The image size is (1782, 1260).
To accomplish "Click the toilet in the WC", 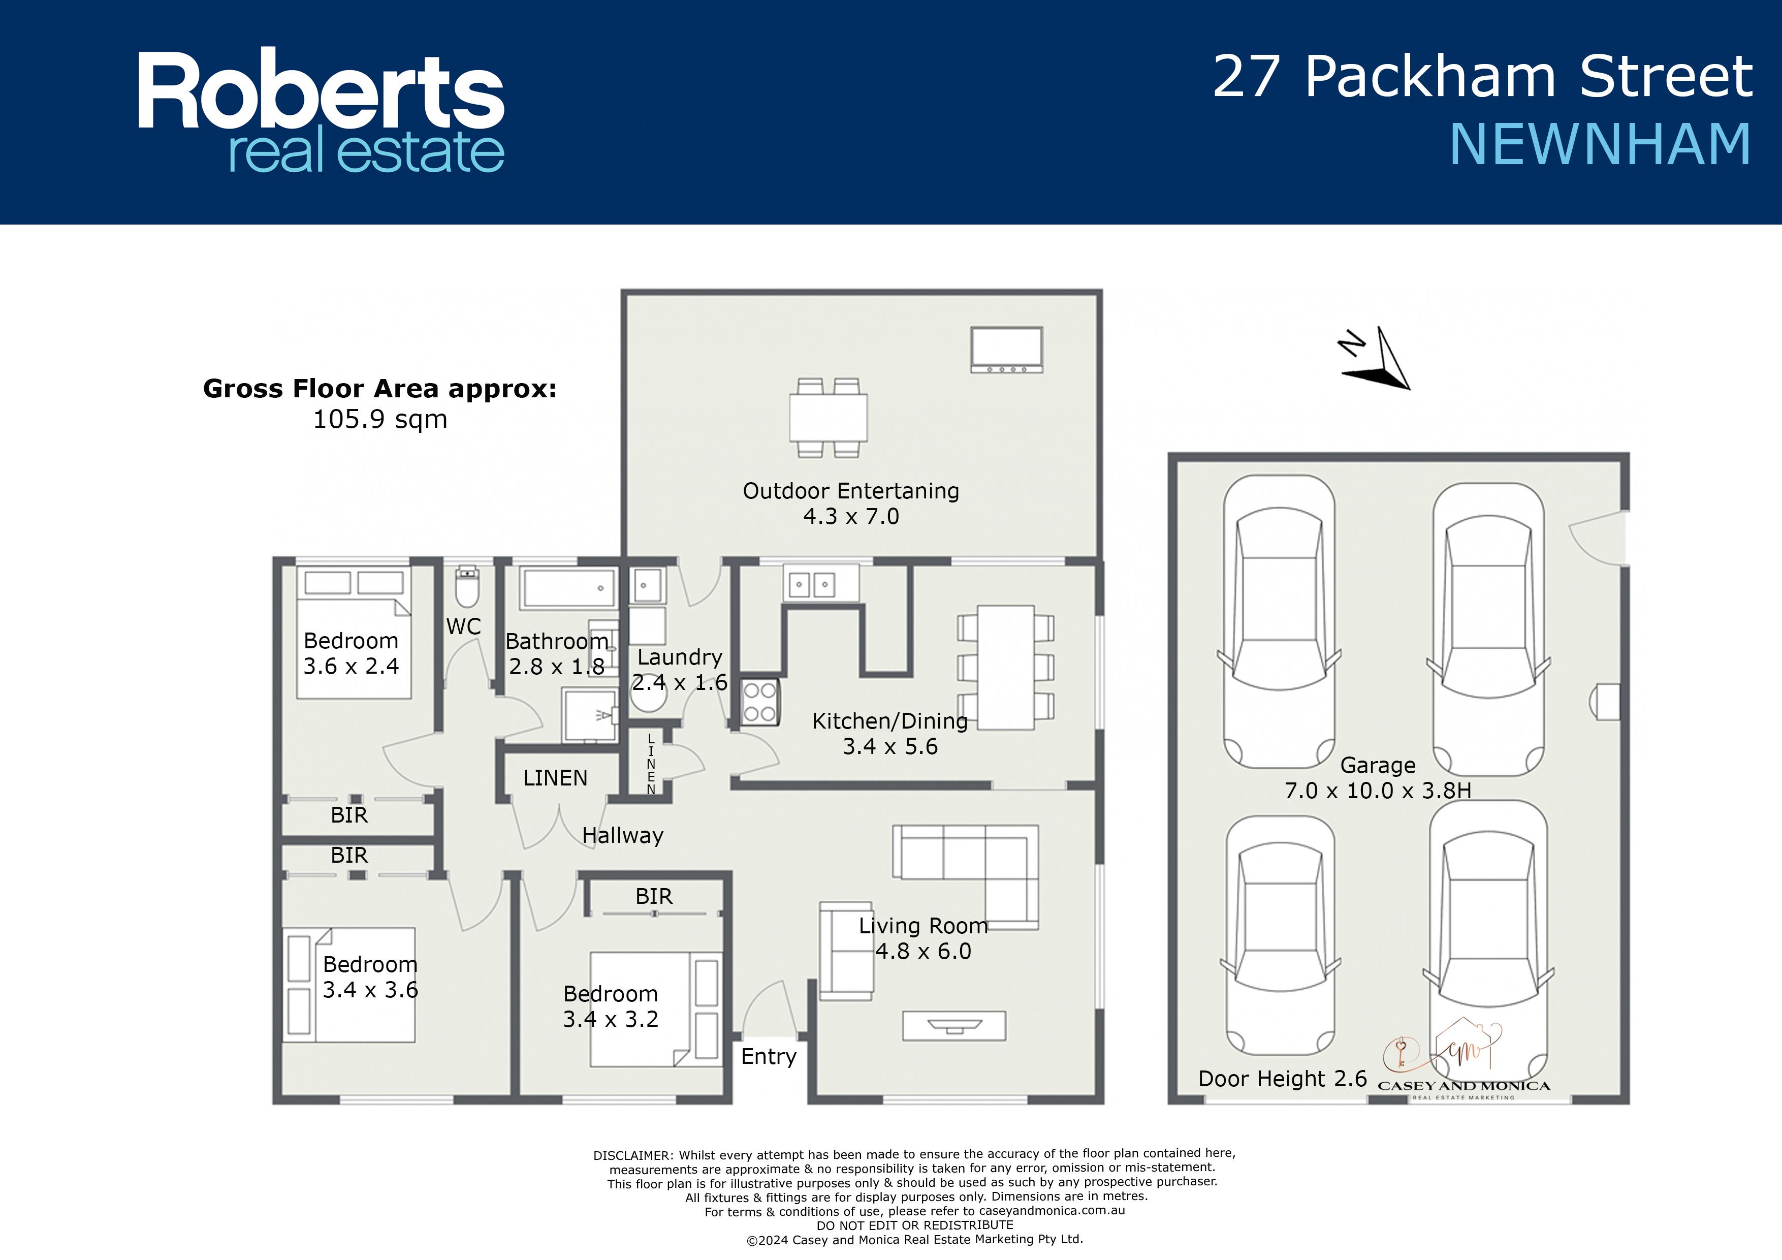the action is pos(466,587).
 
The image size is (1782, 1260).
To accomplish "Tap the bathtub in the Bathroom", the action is pos(569,588).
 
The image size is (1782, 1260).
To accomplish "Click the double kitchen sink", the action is pos(812,584).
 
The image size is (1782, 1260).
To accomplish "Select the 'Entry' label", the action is pos(769,1057).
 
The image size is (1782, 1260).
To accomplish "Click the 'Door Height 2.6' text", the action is pos(1282,1078).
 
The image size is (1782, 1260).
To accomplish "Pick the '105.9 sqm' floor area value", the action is pos(380,419).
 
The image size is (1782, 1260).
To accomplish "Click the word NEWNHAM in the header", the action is pos(1600,144).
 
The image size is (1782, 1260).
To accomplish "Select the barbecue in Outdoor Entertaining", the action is pos(1007,350).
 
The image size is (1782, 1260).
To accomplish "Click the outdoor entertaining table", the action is pos(828,418).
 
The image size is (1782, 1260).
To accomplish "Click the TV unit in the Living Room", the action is pos(954,1026).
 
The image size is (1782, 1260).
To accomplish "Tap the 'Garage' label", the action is pos(1378,766).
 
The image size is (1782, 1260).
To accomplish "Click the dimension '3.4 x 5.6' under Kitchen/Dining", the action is pos(890,747).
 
